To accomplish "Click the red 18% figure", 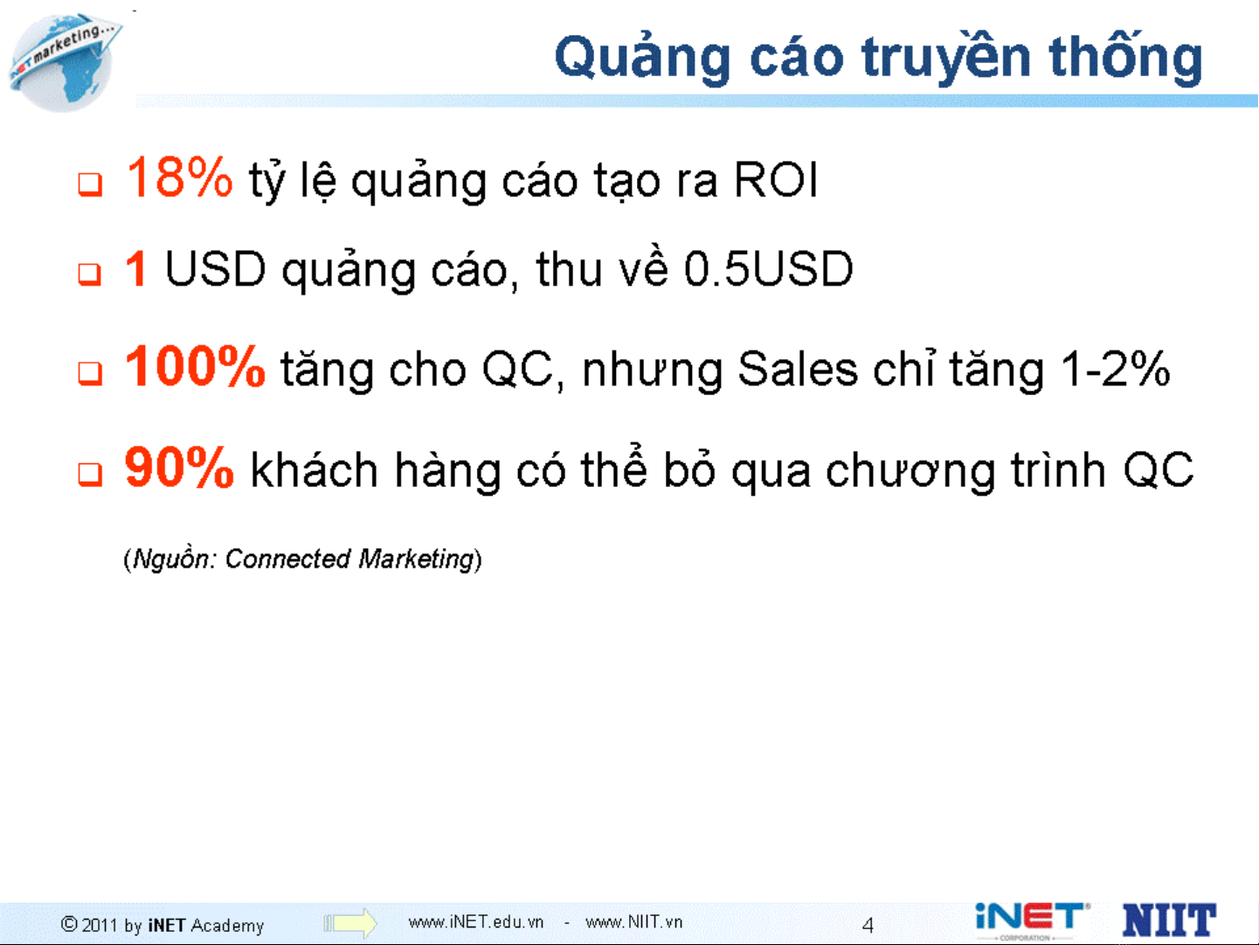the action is click(179, 177).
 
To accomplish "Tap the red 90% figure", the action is click(179, 467).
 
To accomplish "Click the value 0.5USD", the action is click(769, 268).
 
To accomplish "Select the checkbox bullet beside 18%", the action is click(90, 184).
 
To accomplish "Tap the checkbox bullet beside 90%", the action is click(90, 475).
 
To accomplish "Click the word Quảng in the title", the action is click(642, 58).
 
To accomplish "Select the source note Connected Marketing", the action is click(349, 559).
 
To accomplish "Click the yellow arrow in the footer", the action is click(349, 923).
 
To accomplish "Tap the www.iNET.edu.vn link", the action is click(475, 922).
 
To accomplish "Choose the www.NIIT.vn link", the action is click(633, 922).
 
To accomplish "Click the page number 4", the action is click(868, 925).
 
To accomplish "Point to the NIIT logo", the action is click(1169, 920).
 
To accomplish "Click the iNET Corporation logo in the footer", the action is click(1032, 921).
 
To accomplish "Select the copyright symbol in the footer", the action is click(69, 924).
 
